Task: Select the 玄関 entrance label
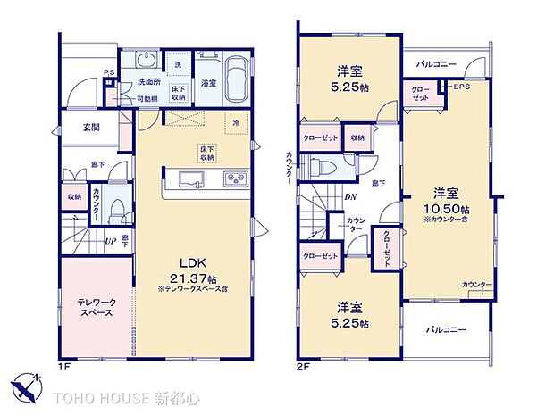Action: click(x=90, y=128)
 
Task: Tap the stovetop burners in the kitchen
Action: click(x=234, y=180)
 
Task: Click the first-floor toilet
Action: click(x=117, y=211)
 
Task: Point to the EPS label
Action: click(x=460, y=87)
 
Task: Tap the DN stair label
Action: click(x=350, y=199)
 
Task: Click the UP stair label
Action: click(x=110, y=241)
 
